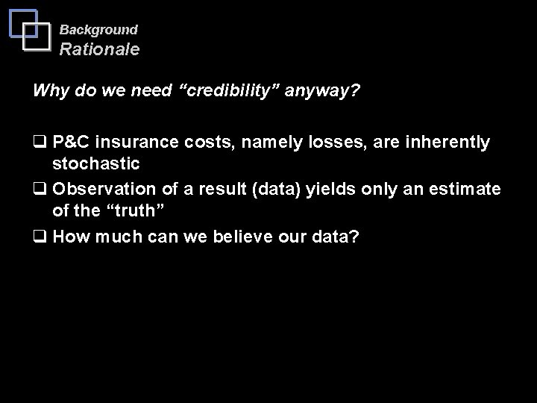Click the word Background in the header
coord(98,30)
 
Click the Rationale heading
coord(99,50)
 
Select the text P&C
coord(73,143)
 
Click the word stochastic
coord(95,162)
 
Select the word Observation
coord(103,190)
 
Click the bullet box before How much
coord(39,237)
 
